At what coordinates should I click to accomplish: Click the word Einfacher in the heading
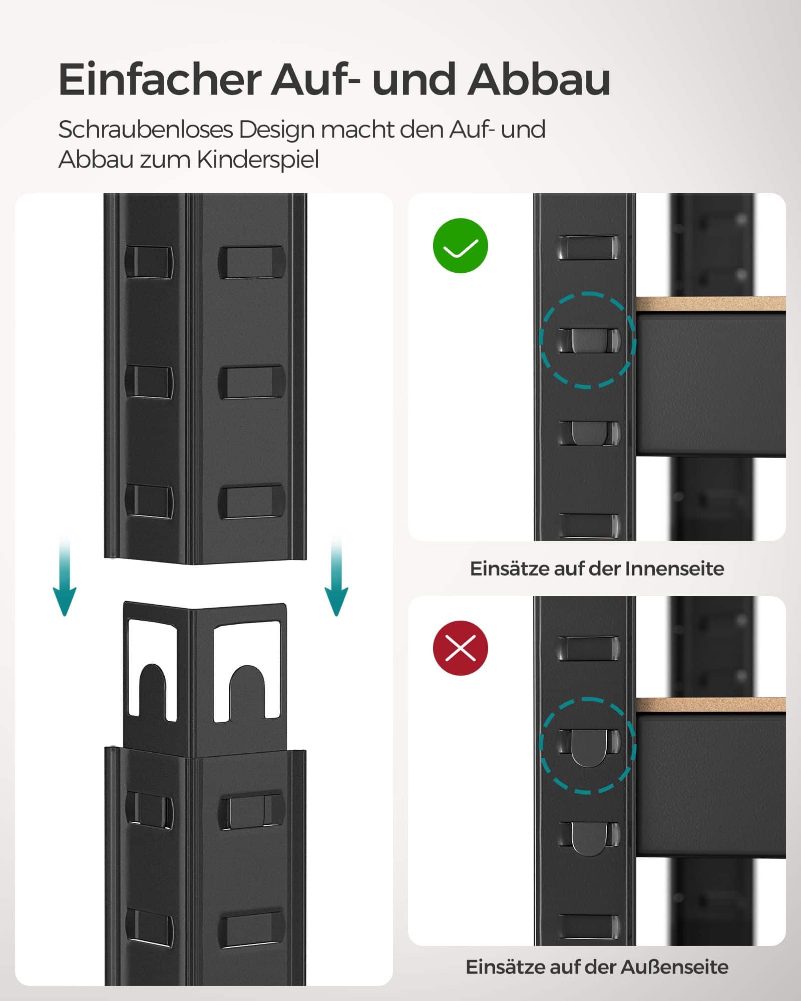(x=160, y=80)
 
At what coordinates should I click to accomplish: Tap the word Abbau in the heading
(x=538, y=80)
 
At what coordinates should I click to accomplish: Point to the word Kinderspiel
(x=257, y=160)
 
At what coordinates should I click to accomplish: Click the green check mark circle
(x=460, y=246)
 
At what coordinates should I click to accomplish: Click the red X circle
(x=460, y=648)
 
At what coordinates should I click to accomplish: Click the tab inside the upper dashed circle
(x=588, y=340)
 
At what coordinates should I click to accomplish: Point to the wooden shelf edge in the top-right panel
(x=711, y=304)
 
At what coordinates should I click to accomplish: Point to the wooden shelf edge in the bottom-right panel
(x=711, y=705)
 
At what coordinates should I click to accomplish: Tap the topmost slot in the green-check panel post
(x=589, y=247)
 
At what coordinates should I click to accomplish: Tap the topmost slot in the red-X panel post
(x=589, y=648)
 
